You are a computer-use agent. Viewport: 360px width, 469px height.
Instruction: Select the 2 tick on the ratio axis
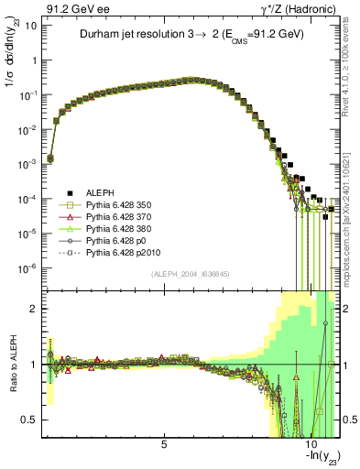click(37, 309)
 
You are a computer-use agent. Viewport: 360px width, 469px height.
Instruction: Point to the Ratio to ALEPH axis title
click(14, 365)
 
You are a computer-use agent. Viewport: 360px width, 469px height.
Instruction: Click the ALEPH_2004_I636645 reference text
click(191, 272)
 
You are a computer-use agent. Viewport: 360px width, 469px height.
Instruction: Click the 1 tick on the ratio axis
click(37, 365)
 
